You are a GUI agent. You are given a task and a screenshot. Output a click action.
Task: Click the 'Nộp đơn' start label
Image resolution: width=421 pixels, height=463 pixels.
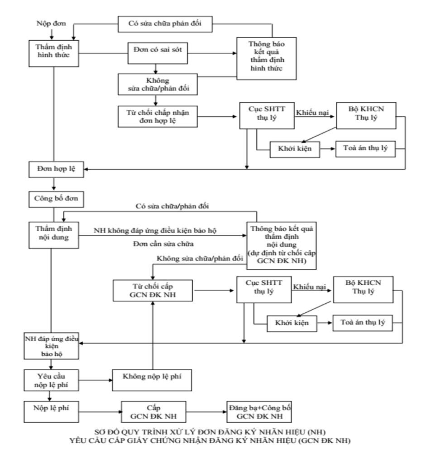[x=51, y=24]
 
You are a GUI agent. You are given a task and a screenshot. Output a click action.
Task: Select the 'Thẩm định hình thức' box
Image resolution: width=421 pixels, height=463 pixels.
[x=54, y=53]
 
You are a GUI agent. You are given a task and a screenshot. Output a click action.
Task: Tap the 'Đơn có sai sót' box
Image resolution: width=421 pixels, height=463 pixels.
[x=158, y=53]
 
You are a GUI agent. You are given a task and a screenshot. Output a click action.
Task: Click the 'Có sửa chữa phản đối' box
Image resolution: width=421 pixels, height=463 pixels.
[x=165, y=24]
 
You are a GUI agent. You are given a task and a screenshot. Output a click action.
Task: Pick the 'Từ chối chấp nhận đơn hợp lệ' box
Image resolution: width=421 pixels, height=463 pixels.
[x=158, y=117]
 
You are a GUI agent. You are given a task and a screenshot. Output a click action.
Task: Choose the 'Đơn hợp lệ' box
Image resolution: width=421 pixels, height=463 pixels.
[x=56, y=169]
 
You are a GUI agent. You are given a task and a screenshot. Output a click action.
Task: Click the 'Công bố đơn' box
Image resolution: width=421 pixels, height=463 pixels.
[x=56, y=199]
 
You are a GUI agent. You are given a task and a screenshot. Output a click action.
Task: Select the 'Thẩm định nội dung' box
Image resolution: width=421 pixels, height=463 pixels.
[x=54, y=235]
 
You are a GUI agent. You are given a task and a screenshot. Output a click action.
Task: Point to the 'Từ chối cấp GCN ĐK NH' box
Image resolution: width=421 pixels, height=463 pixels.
[x=153, y=291]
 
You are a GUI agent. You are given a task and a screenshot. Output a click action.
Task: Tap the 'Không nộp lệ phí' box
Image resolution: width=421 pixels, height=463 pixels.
[x=152, y=380]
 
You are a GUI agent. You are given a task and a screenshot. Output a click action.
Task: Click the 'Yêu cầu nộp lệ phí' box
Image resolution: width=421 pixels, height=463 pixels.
[x=52, y=380]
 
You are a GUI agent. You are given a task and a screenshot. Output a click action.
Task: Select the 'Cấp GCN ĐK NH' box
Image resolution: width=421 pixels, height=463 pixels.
[x=154, y=412]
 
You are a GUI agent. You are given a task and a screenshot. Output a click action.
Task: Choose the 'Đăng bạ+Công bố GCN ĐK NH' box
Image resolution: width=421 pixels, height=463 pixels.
[x=259, y=412]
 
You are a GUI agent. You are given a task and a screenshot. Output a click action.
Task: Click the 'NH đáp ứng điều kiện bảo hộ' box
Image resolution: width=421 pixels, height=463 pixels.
[x=52, y=346]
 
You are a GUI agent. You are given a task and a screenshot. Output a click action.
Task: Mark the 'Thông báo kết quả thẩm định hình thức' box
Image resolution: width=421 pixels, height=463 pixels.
[x=267, y=58]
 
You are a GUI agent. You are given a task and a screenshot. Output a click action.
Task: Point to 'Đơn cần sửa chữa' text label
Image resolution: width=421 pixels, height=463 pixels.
[x=163, y=244]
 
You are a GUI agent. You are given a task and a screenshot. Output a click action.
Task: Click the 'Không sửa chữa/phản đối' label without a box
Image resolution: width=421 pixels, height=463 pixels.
[x=200, y=259]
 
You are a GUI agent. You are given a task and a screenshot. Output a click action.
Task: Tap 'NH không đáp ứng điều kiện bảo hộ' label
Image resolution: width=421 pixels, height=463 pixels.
[x=155, y=231]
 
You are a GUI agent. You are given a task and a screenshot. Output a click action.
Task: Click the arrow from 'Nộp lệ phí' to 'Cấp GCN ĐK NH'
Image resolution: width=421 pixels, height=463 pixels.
[x=100, y=412]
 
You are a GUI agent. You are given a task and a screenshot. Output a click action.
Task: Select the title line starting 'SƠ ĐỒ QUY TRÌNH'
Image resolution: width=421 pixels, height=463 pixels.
[x=210, y=432]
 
